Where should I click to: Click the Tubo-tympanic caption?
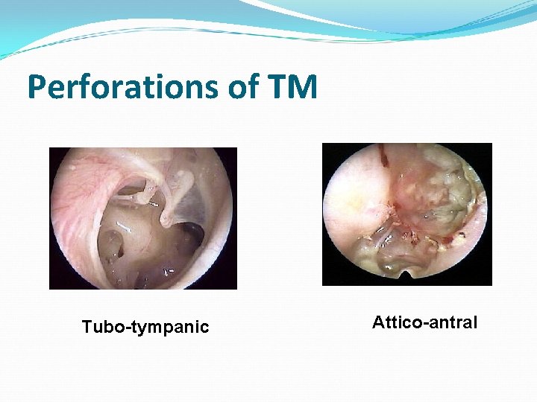[x=145, y=327]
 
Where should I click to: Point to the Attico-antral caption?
[x=425, y=322]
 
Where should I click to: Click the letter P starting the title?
[x=37, y=88]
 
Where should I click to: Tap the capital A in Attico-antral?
[x=378, y=322]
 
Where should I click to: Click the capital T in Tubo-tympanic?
[x=87, y=327]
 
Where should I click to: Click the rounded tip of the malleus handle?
[x=168, y=218]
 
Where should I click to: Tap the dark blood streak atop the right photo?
[x=383, y=154]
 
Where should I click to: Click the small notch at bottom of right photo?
[x=406, y=276]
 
